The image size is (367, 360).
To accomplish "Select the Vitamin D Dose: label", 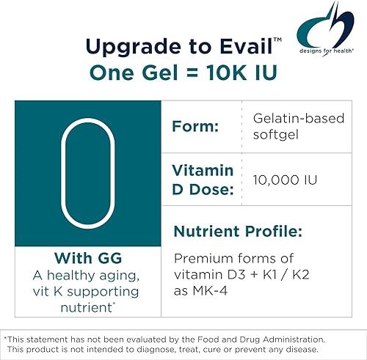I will tap(202, 180).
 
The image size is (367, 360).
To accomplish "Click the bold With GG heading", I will tap(87, 258).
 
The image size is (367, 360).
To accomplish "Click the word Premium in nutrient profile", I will tap(200, 258).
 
